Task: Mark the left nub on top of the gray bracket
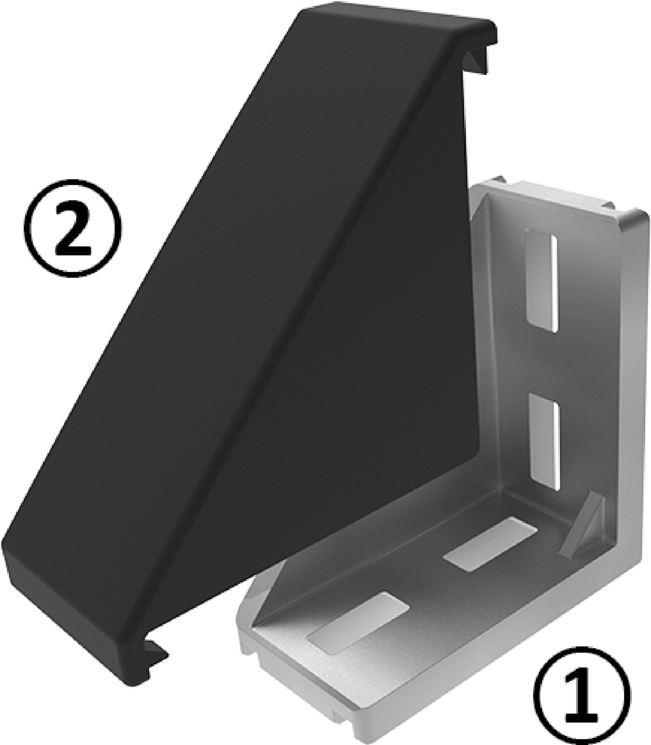tap(498, 181)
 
